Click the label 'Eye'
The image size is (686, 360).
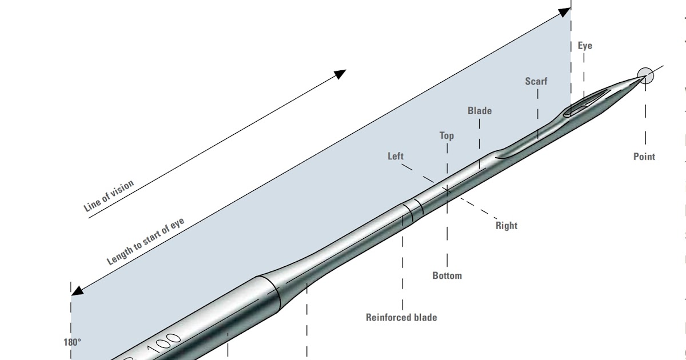coord(585,46)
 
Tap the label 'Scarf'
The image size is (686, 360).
coord(536,81)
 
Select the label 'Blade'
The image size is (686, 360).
coord(479,111)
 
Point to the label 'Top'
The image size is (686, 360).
coord(446,136)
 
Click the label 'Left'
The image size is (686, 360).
coord(396,156)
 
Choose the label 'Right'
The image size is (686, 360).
coord(506,226)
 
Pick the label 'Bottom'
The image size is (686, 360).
coord(447,276)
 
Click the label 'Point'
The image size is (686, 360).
coord(644,157)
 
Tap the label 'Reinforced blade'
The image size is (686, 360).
coord(401,317)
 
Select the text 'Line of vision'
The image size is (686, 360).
coord(109,197)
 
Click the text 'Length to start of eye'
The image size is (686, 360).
coord(146,242)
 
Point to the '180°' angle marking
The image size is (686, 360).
coord(72,343)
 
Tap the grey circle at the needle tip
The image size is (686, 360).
coord(645,75)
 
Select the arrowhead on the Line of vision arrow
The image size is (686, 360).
coord(341,74)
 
